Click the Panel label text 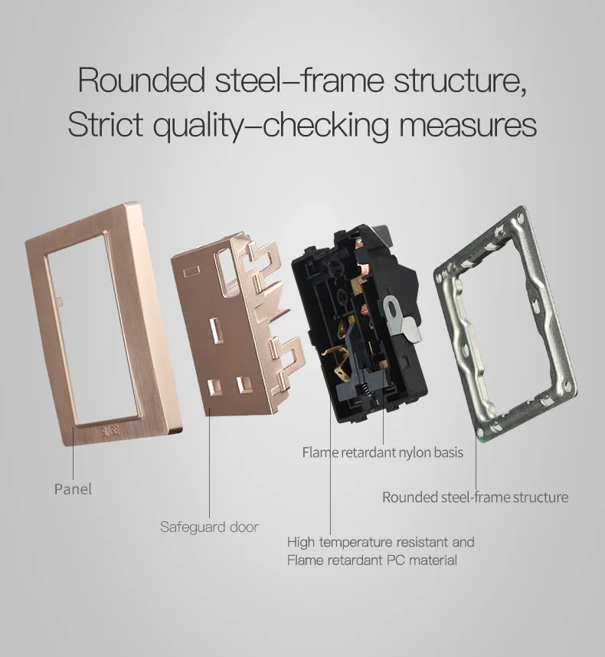tap(73, 489)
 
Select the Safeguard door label tap(209, 527)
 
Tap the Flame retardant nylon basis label tap(382, 452)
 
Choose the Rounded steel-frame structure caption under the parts tap(475, 497)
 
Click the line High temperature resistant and tap(381, 542)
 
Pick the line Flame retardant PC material tap(371, 560)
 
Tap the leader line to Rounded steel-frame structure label tap(476, 460)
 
